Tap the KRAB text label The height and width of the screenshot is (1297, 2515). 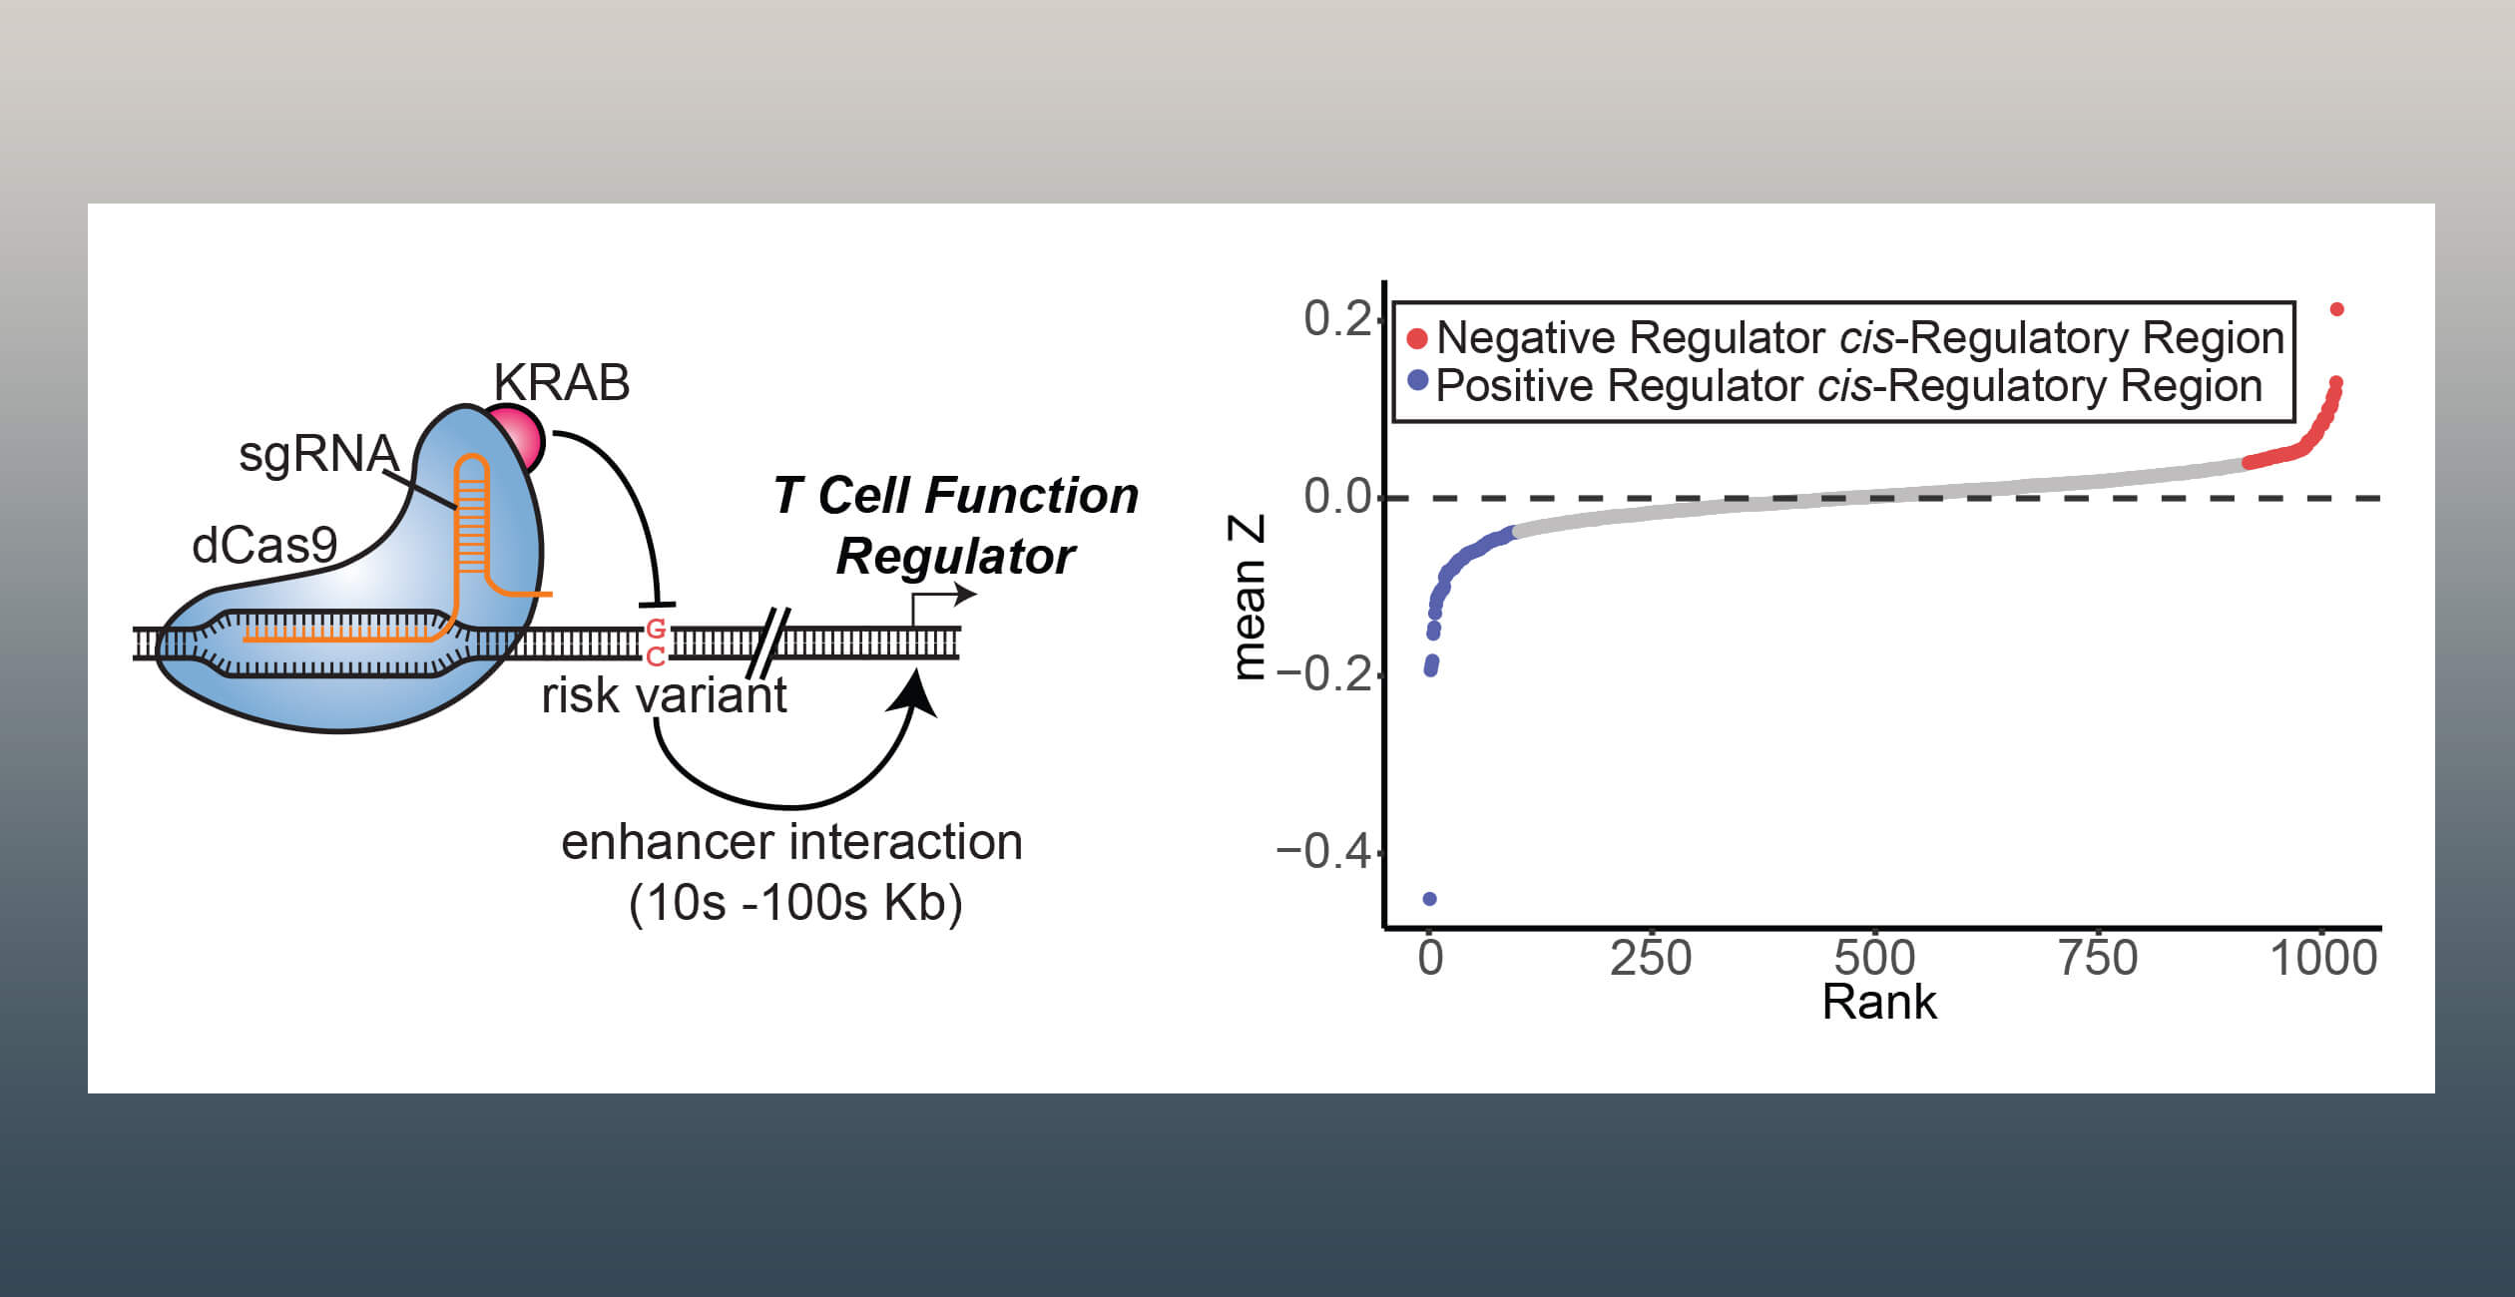(562, 382)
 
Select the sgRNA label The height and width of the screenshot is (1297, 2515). (318, 454)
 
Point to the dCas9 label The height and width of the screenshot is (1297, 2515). (264, 546)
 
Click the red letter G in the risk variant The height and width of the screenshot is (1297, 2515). (656, 629)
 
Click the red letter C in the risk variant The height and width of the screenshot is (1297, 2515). (656, 656)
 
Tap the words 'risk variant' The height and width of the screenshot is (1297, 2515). (664, 695)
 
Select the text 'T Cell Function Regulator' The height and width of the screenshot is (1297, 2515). (956, 525)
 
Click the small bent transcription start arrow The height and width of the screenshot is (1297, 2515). (939, 596)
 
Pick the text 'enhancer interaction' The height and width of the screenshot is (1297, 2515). (791, 842)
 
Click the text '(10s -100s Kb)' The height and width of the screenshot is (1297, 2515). (795, 903)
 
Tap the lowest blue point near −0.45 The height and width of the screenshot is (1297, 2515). (1429, 899)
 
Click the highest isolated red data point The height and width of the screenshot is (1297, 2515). (2336, 309)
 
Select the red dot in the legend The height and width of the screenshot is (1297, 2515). (1416, 339)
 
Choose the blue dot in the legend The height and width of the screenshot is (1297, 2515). (1416, 380)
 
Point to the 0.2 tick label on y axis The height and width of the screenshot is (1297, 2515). (1337, 318)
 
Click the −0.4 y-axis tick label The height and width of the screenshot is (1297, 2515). (1323, 851)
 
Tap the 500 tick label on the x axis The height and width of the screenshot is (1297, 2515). (1874, 958)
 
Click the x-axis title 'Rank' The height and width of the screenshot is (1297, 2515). (1879, 1002)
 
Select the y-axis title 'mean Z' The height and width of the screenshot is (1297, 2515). (1249, 598)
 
